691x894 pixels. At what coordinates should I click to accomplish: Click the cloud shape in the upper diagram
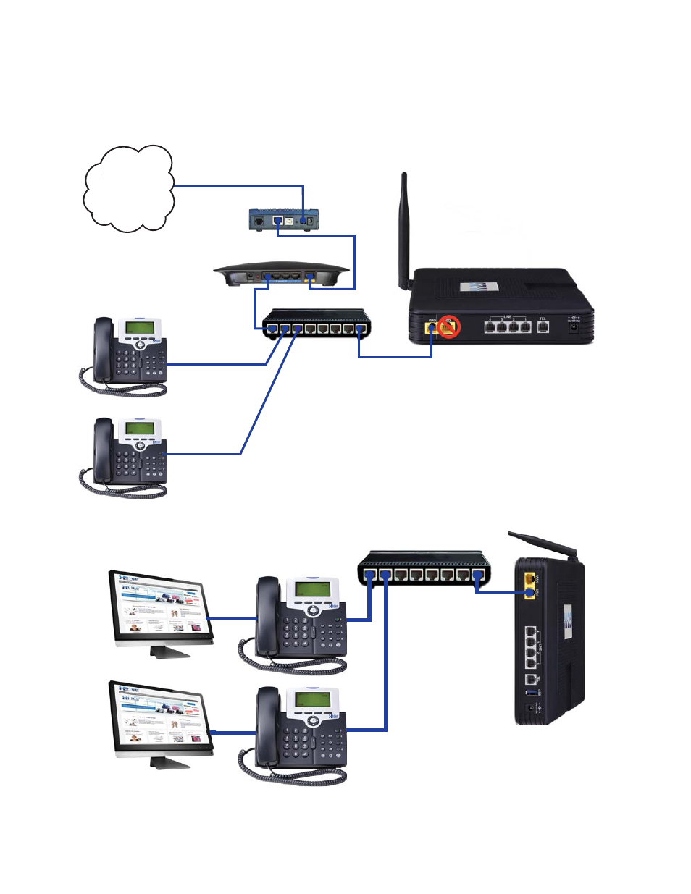point(129,189)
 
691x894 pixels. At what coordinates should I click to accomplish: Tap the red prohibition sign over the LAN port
point(450,327)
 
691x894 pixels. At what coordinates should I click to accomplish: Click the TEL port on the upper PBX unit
point(543,327)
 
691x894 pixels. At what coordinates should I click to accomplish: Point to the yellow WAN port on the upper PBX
point(432,327)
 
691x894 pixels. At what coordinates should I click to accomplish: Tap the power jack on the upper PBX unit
point(574,327)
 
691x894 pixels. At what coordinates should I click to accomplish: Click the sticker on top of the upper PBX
point(479,287)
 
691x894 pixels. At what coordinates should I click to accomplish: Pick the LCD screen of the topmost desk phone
point(139,327)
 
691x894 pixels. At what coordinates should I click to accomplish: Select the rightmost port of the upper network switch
point(360,329)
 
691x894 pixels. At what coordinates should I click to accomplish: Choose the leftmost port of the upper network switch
point(272,329)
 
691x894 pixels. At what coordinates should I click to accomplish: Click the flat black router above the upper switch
point(281,276)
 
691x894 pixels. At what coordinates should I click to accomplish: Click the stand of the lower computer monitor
point(169,762)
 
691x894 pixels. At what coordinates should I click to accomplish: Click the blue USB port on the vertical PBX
point(530,693)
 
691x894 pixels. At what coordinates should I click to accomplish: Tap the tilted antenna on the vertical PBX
point(542,545)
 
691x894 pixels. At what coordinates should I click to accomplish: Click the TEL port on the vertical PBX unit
point(530,680)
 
